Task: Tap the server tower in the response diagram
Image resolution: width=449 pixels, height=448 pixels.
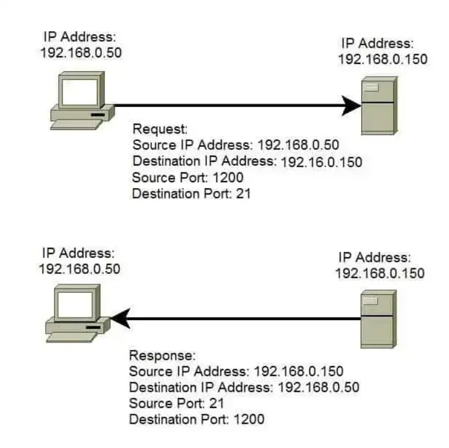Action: (378, 319)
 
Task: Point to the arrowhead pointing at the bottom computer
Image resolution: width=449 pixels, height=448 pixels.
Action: (120, 318)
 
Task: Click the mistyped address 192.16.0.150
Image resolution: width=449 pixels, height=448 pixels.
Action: (321, 162)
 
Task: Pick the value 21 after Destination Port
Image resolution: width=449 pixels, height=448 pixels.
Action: (244, 194)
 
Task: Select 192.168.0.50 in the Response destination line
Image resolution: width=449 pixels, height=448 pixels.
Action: (319, 387)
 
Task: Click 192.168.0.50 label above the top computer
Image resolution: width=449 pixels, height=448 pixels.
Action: (81, 51)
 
